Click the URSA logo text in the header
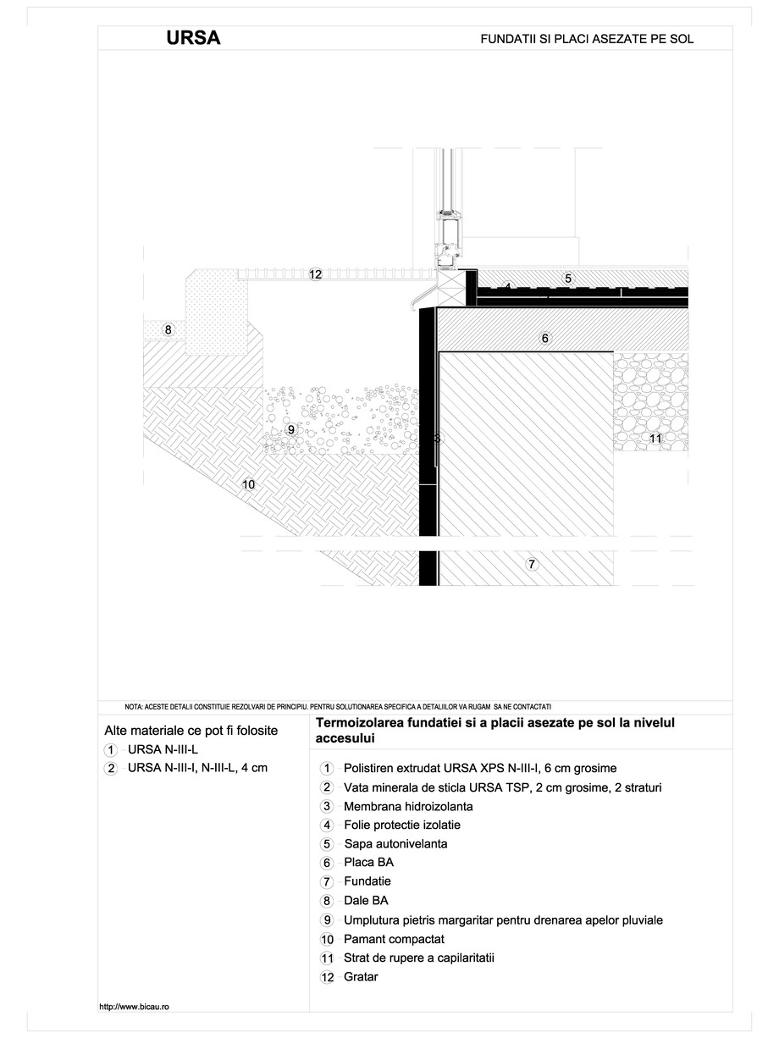pyautogui.click(x=194, y=38)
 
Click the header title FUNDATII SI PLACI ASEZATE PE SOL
pyautogui.click(x=587, y=39)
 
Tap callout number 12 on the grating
pyautogui.click(x=315, y=274)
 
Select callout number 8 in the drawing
pyautogui.click(x=168, y=330)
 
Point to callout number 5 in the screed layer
pyautogui.click(x=568, y=278)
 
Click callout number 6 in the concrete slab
pyautogui.click(x=544, y=338)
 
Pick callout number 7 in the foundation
pyautogui.click(x=531, y=564)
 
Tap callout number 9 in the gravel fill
pyautogui.click(x=290, y=430)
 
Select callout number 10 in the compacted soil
pyautogui.click(x=248, y=484)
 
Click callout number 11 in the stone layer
pyautogui.click(x=655, y=438)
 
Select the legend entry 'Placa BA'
pyautogui.click(x=368, y=863)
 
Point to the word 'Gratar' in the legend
pyautogui.click(x=361, y=977)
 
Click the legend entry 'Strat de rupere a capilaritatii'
pyautogui.click(x=418, y=958)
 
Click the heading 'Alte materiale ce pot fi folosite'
pyautogui.click(x=191, y=730)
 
